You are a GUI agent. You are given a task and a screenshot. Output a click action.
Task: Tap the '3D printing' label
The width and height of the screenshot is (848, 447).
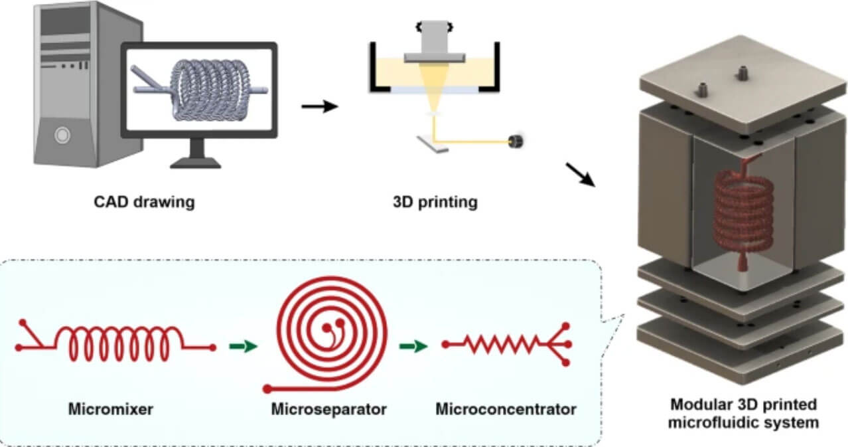(436, 201)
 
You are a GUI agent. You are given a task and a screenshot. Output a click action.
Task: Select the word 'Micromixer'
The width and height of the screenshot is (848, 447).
(110, 408)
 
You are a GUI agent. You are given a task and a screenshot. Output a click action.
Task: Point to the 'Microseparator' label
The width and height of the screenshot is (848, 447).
(328, 408)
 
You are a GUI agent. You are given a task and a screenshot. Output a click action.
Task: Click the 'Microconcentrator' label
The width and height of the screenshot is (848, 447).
(506, 408)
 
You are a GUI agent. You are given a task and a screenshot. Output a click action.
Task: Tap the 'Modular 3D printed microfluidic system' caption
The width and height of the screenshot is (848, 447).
(743, 412)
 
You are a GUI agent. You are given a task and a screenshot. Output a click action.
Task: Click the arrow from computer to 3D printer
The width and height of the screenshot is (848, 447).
(320, 106)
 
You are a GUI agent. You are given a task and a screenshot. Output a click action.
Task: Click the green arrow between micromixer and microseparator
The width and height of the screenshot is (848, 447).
(242, 346)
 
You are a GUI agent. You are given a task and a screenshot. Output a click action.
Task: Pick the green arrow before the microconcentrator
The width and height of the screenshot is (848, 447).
(413, 345)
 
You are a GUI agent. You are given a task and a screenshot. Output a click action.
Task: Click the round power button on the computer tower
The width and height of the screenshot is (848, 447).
(62, 135)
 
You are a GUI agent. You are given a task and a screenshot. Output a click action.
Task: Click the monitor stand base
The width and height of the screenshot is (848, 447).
(197, 162)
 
